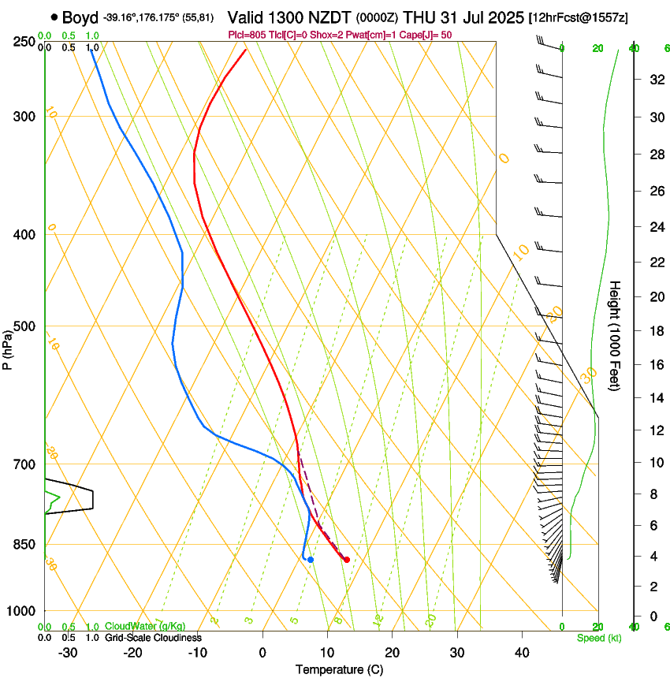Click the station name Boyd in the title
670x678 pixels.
(80, 17)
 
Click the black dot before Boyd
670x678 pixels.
(54, 17)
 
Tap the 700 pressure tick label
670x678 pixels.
(24, 464)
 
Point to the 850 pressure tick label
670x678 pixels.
(24, 545)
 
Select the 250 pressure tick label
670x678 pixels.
(24, 42)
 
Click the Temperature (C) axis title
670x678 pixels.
(339, 669)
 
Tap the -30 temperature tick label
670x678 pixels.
(68, 652)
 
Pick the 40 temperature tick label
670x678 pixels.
(521, 652)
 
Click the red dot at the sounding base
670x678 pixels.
(347, 560)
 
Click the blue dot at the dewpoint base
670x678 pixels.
(311, 560)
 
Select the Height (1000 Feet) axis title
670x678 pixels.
(616, 335)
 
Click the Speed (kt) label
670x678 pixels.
(599, 638)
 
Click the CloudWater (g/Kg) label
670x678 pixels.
(135, 627)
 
